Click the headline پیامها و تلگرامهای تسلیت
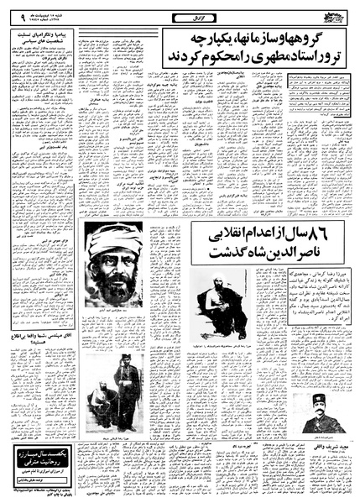(46, 35)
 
